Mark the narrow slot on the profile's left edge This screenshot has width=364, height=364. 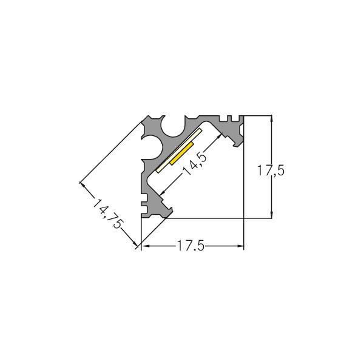tap(144, 198)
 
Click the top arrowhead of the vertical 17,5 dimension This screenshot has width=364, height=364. tap(271, 118)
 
